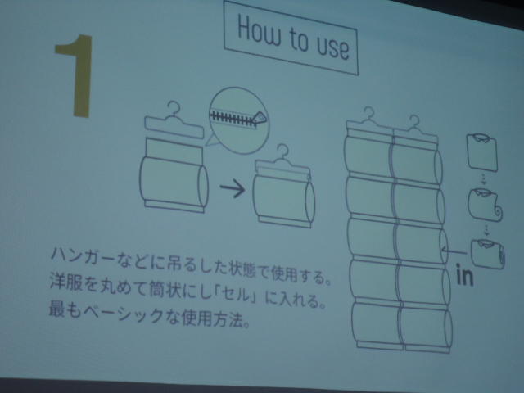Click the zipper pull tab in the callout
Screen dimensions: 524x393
260,118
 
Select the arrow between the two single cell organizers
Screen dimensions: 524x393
233,188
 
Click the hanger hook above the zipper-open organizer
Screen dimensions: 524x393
174,108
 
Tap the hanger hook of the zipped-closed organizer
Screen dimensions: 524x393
283,151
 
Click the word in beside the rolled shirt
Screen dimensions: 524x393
464,275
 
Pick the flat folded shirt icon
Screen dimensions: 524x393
482,152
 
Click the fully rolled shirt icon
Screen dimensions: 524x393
488,253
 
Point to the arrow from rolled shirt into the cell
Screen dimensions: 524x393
454,251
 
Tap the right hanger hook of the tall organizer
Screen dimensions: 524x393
414,122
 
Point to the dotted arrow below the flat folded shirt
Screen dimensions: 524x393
484,179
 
